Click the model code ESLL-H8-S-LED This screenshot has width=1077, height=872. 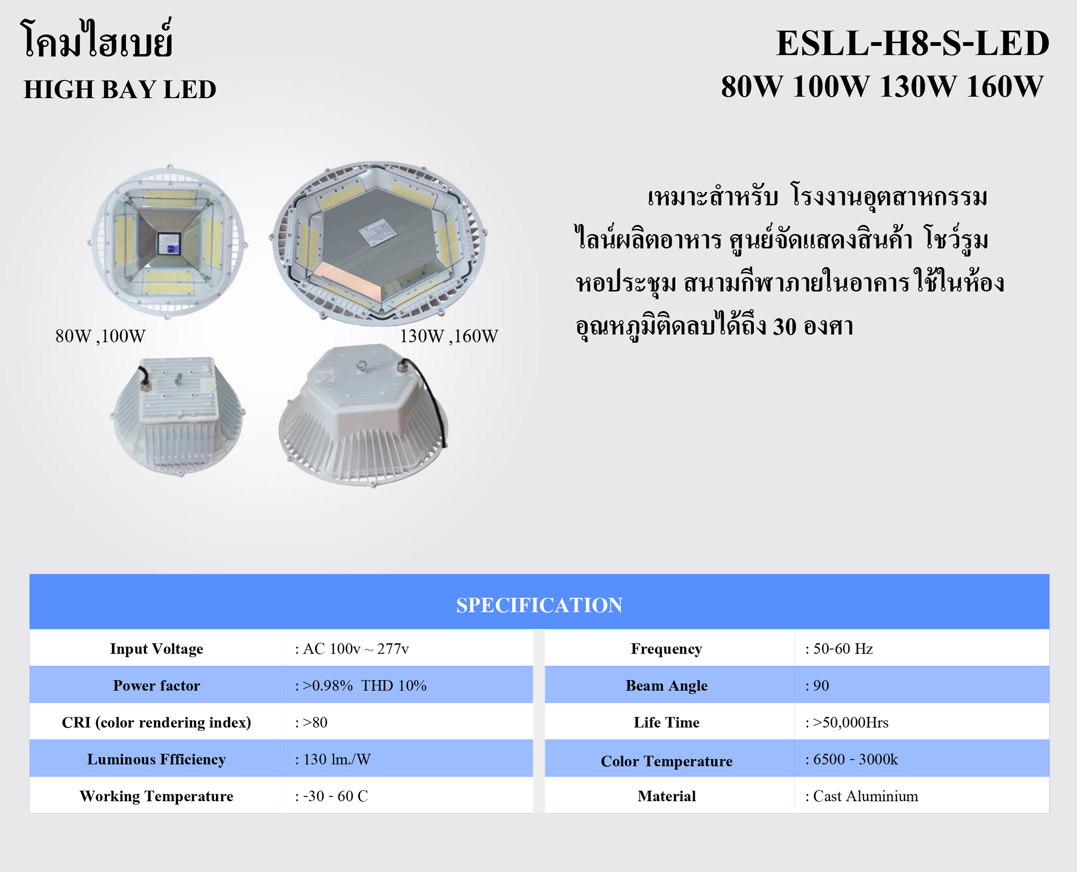tap(912, 43)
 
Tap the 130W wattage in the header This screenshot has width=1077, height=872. tap(918, 86)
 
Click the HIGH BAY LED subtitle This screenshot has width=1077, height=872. tap(119, 89)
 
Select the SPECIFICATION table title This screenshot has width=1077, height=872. tap(539, 605)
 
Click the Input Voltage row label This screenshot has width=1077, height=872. tap(157, 648)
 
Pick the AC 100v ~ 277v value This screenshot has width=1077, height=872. tap(352, 648)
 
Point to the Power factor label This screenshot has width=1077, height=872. tap(157, 686)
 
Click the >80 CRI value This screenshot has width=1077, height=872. tap(311, 722)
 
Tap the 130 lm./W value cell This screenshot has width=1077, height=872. tap(333, 759)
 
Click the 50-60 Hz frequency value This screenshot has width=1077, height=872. tap(839, 648)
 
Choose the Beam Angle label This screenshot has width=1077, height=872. tap(667, 686)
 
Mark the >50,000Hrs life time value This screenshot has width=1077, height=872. tap(847, 722)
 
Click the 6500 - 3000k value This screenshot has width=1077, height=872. tap(852, 759)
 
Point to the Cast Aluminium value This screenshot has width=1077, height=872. tap(862, 796)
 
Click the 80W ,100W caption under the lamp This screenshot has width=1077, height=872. tap(100, 336)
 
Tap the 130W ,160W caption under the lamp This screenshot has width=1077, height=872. tap(449, 336)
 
